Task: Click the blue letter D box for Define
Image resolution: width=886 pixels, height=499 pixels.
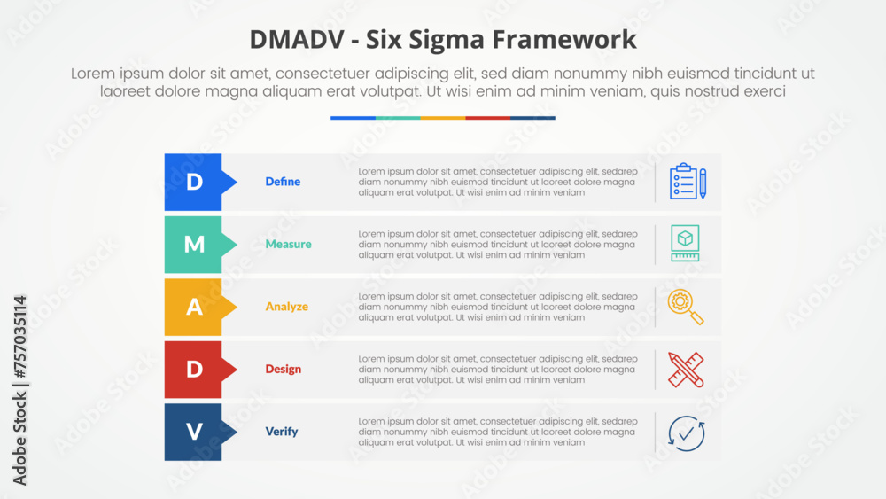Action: tap(193, 182)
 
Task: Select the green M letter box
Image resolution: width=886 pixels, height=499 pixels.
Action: tap(193, 245)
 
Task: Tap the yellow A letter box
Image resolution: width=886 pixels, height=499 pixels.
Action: tap(193, 307)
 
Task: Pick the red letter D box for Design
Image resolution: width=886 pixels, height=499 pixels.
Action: tap(193, 370)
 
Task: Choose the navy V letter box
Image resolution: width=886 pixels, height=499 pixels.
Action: tap(193, 432)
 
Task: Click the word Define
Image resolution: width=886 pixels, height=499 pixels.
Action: tap(284, 182)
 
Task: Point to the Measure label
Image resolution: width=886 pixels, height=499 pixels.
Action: tap(288, 244)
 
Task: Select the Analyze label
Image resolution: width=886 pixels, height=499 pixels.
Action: tap(287, 307)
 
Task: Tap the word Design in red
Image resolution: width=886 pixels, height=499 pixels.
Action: tap(284, 370)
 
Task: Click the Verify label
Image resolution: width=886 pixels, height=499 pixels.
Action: tap(282, 432)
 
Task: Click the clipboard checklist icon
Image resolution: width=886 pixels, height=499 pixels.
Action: tap(688, 182)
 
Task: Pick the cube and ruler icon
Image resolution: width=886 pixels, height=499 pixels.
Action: tap(686, 243)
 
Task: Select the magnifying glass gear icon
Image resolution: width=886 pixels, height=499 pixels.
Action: tap(686, 307)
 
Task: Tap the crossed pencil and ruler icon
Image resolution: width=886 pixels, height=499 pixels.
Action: tap(686, 370)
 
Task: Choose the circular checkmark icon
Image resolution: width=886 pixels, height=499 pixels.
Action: tap(686, 433)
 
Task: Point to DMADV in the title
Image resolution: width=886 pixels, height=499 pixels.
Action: tap(297, 40)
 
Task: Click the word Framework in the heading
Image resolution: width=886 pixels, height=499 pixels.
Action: tap(564, 40)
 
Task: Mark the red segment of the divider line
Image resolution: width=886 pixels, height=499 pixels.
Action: tap(487, 118)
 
